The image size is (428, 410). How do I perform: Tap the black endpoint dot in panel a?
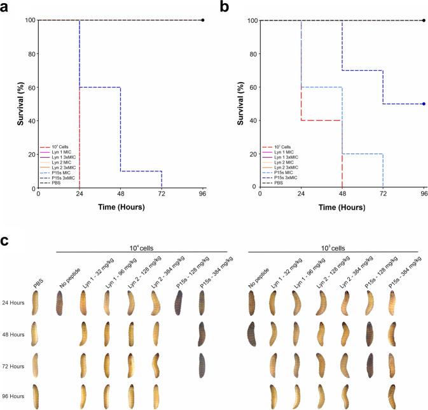tap(203, 20)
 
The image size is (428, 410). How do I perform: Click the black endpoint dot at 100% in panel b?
tap(424, 20)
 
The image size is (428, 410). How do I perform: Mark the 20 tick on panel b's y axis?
tap(252, 155)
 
